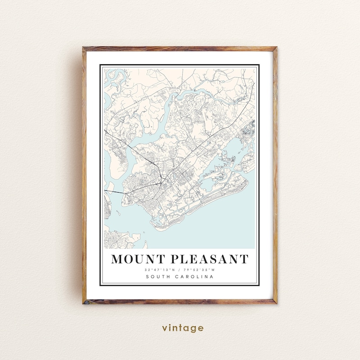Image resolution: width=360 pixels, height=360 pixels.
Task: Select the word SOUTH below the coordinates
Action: point(158,277)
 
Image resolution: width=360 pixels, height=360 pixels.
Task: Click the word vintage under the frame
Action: point(183,328)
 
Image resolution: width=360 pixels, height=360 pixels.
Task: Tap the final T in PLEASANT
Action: point(244,259)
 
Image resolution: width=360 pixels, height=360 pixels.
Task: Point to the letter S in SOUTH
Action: point(148,277)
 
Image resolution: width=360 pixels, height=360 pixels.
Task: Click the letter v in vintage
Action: point(165,328)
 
